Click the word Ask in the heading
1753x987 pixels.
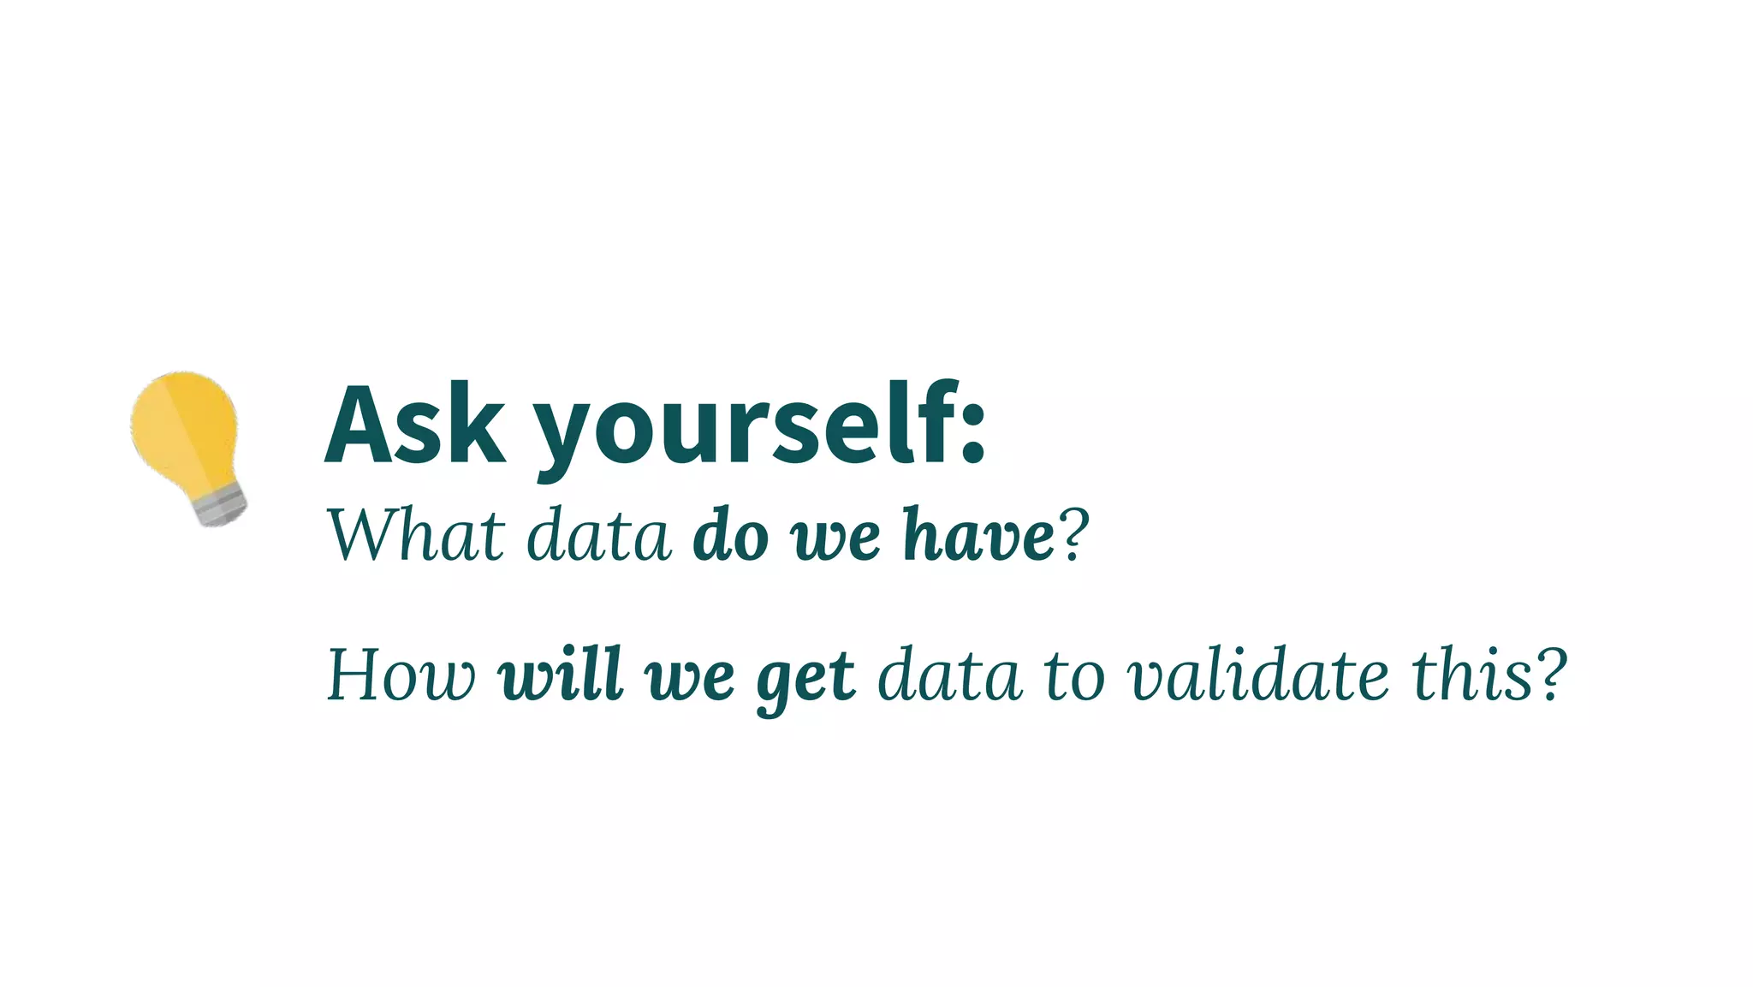tap(415, 425)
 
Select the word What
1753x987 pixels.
tap(416, 536)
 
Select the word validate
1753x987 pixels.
tap(1257, 675)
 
